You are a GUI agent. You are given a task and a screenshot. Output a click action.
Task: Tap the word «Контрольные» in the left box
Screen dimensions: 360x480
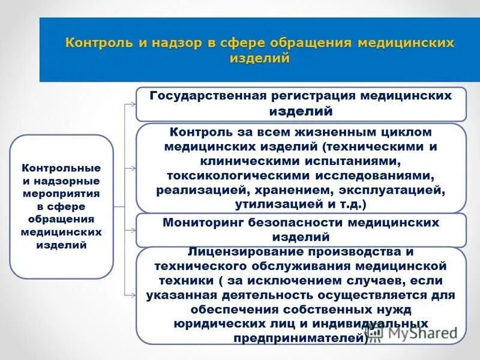pyautogui.click(x=61, y=168)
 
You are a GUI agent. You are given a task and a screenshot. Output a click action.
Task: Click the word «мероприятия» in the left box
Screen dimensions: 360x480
pyautogui.click(x=61, y=193)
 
